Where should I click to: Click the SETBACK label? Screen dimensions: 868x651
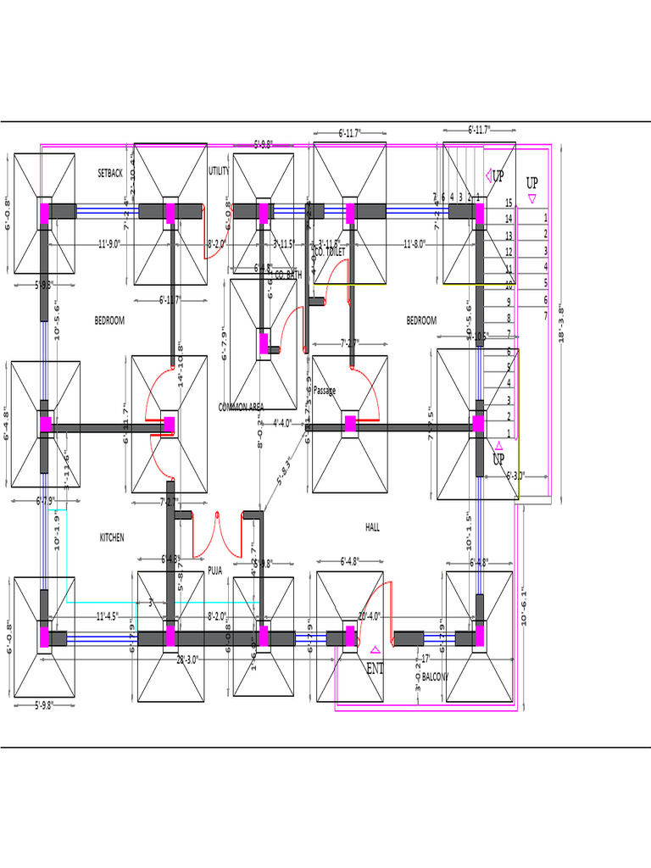click(110, 173)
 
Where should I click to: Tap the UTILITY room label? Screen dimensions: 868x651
click(219, 171)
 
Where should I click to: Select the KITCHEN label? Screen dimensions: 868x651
click(112, 537)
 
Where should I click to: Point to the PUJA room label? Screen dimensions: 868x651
click(215, 571)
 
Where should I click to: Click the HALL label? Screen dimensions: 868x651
click(372, 527)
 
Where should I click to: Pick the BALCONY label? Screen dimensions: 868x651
click(435, 677)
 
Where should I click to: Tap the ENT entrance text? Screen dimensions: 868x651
click(375, 669)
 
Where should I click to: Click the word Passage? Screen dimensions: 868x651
click(325, 391)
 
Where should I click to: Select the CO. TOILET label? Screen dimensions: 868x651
click(330, 253)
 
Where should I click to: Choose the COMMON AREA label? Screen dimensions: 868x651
click(242, 407)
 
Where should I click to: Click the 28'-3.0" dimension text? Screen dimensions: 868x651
click(187, 659)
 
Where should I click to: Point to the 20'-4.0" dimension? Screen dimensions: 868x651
click(370, 616)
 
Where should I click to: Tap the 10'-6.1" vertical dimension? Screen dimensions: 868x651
click(525, 606)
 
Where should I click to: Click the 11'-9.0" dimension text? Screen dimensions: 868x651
click(109, 244)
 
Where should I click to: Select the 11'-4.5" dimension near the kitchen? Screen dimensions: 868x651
click(107, 616)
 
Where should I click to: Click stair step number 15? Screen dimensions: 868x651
click(509, 203)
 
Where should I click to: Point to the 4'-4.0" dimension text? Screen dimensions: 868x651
click(282, 423)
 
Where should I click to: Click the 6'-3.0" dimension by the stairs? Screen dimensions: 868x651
click(516, 476)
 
